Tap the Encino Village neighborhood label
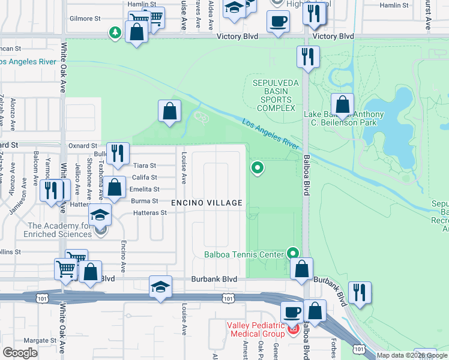207,203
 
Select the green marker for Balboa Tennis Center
293,254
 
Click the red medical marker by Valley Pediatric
294,329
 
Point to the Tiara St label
144,166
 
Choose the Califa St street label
145,178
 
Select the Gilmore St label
85,19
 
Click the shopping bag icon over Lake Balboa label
342,105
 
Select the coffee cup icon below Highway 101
292,312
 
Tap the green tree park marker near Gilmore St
114,32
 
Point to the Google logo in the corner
20,353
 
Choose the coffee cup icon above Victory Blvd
277,22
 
